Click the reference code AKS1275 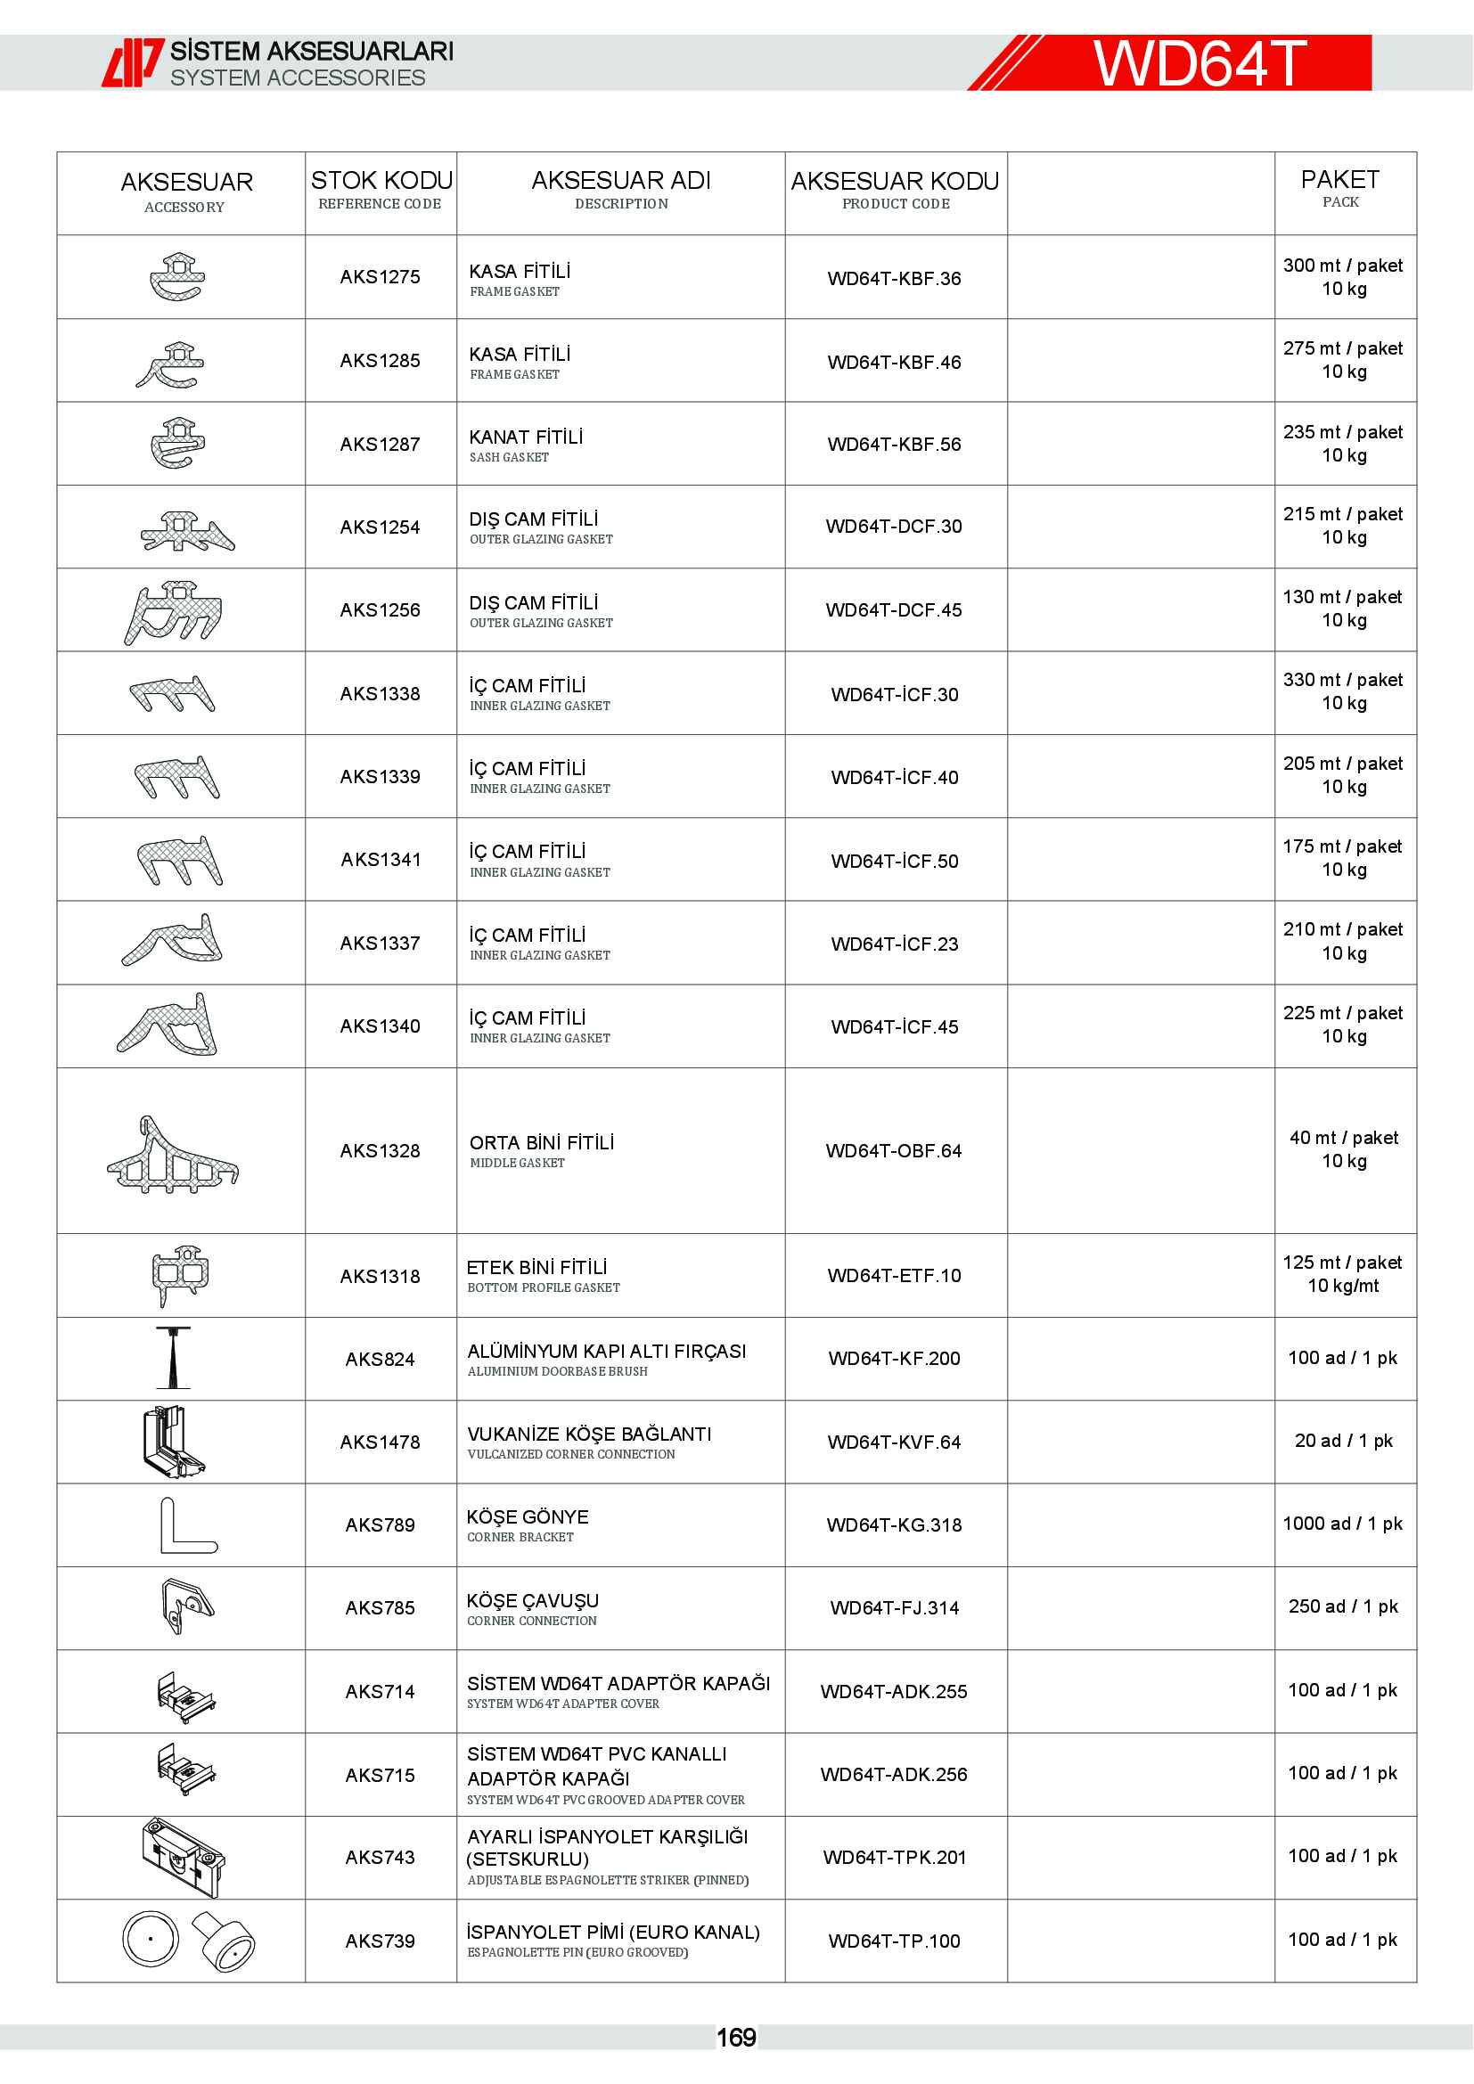point(380,277)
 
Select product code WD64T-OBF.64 point(893,1151)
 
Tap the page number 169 point(736,2038)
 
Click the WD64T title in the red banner point(1199,63)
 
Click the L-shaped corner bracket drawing point(188,1524)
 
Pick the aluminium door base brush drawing point(173,1358)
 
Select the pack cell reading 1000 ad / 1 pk point(1342,1523)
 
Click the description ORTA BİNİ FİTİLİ point(542,1143)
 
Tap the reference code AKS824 point(380,1359)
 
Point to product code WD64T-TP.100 point(894,1941)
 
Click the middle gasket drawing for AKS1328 point(173,1155)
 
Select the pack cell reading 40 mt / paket point(1343,1138)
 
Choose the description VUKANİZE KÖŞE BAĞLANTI point(589,1434)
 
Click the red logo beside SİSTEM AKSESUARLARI point(133,62)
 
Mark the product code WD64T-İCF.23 point(894,944)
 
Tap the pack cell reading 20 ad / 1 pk point(1343,1441)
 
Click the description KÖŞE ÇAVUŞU point(533,1600)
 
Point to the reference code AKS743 point(380,1857)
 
